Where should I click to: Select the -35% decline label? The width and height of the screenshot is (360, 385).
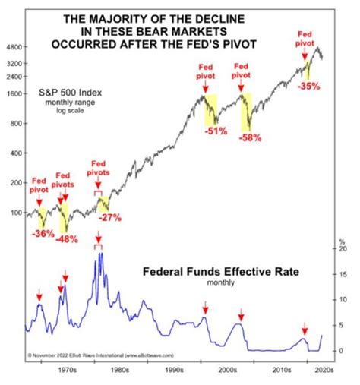coord(308,86)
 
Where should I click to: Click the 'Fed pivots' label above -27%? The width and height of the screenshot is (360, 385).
coord(98,168)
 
